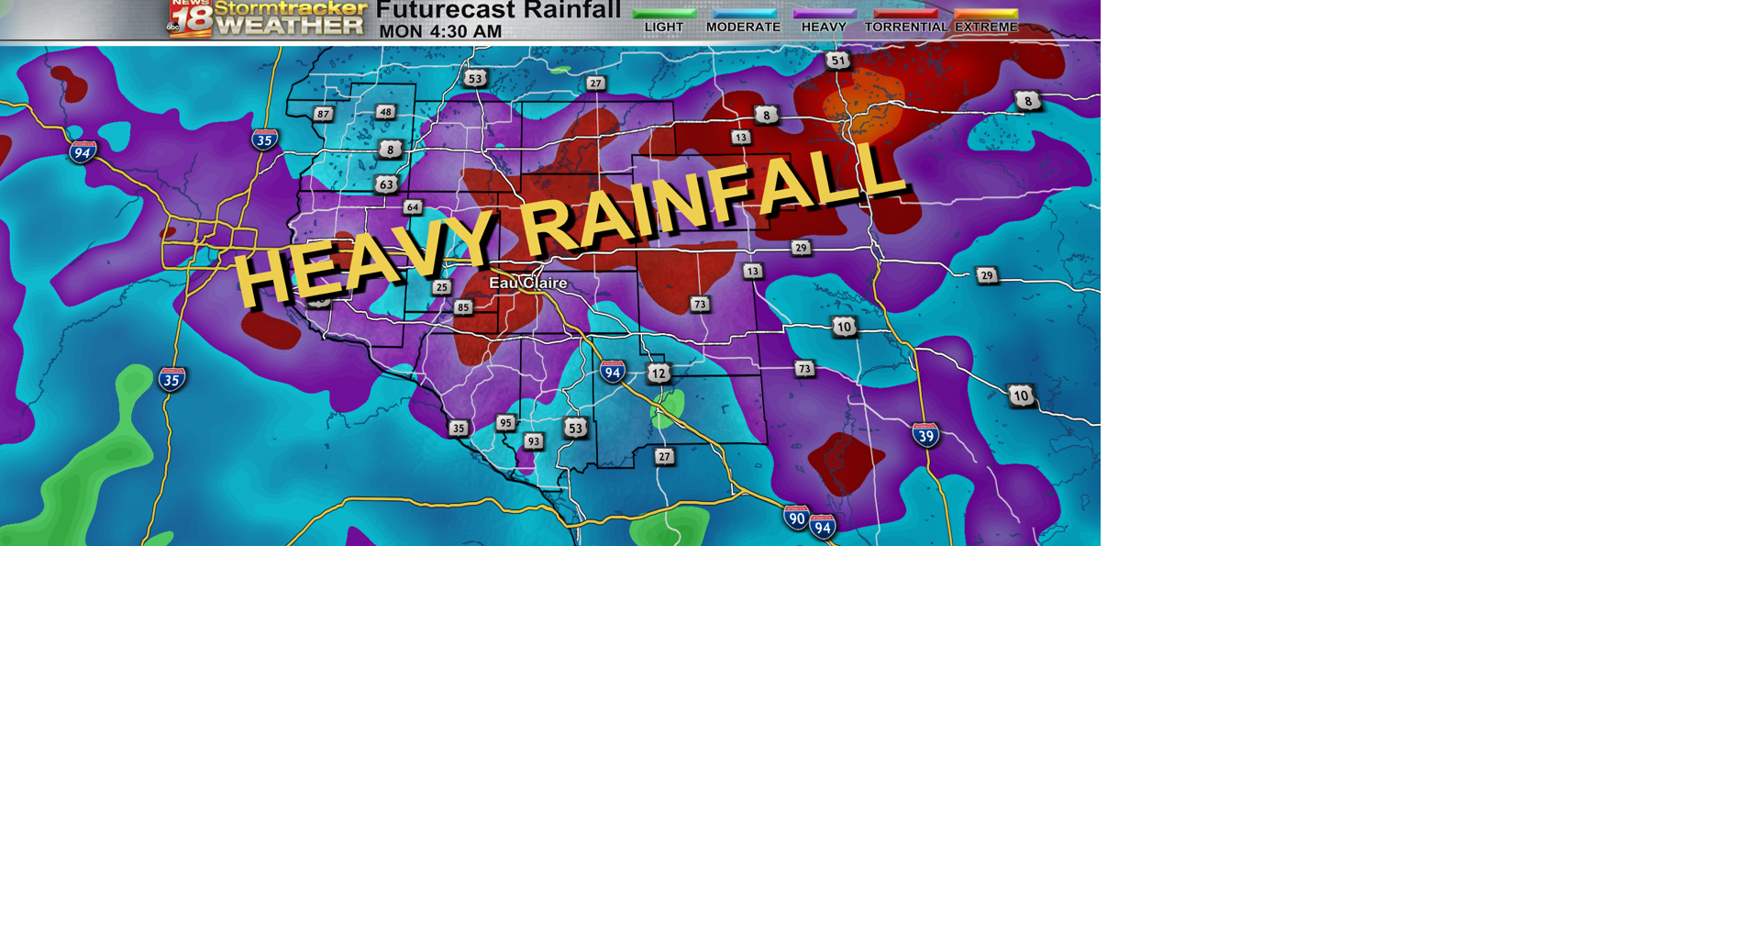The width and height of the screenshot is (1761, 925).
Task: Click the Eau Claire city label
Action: (x=527, y=283)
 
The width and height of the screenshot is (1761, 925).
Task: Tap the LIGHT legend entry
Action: (x=664, y=27)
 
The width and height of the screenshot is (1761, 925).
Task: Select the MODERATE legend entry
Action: (x=744, y=27)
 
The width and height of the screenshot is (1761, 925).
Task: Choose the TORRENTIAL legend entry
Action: (x=906, y=27)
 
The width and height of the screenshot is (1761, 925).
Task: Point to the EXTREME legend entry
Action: (x=986, y=27)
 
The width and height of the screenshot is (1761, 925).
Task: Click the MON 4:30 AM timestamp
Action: (x=440, y=31)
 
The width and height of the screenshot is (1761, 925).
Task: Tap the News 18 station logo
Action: (x=191, y=18)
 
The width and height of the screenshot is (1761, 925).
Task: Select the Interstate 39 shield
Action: (x=925, y=435)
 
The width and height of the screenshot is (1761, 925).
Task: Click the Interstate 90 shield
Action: (x=796, y=518)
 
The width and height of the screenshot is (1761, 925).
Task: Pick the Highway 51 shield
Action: (x=837, y=61)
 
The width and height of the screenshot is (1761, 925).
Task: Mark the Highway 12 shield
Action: (x=659, y=373)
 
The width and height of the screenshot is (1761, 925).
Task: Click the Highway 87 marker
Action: (x=323, y=115)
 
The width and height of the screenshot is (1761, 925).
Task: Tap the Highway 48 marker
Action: (x=385, y=112)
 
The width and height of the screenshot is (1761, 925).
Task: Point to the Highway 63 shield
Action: (x=386, y=184)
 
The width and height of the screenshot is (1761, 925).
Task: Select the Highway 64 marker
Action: (x=413, y=207)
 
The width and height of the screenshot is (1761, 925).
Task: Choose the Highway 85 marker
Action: (x=463, y=307)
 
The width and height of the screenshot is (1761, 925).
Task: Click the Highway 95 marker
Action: (x=505, y=423)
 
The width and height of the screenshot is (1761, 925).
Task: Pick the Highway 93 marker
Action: (x=534, y=441)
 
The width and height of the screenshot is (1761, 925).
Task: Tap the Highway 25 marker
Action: (x=442, y=287)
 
